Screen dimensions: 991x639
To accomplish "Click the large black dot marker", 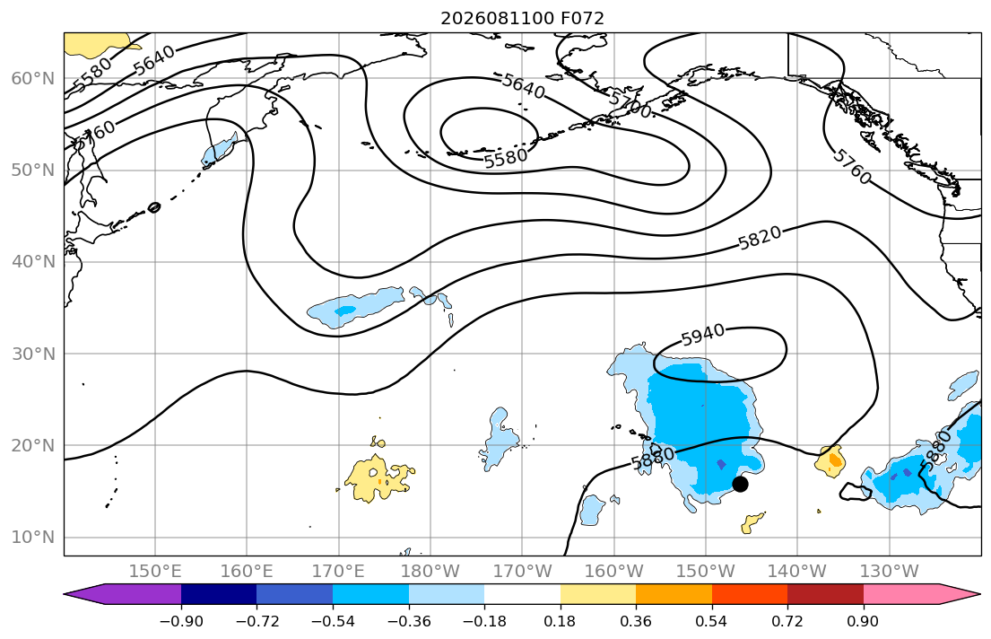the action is click(x=740, y=484).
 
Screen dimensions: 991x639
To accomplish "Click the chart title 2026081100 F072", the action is click(x=522, y=18).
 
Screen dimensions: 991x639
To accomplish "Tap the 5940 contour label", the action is click(x=703, y=336).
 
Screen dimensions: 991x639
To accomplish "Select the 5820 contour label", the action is click(x=760, y=239).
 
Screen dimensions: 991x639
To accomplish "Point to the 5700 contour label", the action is click(x=630, y=104).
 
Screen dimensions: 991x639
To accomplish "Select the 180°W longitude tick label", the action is click(x=430, y=572).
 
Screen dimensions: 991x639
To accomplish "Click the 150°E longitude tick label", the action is click(x=155, y=572).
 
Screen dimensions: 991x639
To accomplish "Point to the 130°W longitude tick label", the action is click(x=890, y=572).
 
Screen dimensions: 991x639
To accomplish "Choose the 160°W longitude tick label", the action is click(x=613, y=572).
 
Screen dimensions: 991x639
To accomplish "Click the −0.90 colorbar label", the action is click(x=181, y=621).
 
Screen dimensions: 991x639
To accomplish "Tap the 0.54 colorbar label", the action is click(x=712, y=621).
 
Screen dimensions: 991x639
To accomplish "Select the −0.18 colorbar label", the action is click(x=484, y=621).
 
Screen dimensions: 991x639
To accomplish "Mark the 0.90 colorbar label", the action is click(x=864, y=621).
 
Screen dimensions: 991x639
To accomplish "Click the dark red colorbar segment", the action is click(x=825, y=594).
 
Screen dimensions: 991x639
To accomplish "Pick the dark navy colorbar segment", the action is click(x=219, y=594).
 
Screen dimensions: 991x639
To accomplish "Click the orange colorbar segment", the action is click(x=674, y=594).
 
